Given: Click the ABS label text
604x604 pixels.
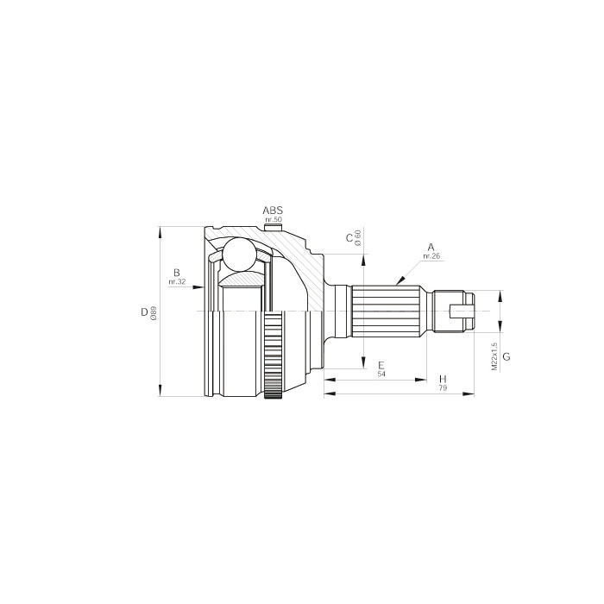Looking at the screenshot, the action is click(x=273, y=211).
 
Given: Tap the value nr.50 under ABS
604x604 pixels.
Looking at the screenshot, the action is click(x=274, y=219).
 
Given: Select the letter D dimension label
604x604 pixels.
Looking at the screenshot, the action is click(x=144, y=312).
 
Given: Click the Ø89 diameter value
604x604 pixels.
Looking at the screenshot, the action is click(x=154, y=312).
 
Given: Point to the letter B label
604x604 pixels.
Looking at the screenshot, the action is click(x=177, y=273).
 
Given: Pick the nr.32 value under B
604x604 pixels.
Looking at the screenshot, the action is click(x=177, y=282).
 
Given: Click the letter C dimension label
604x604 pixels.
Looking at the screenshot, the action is click(x=349, y=238).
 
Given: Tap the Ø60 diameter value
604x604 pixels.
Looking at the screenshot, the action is click(x=358, y=238).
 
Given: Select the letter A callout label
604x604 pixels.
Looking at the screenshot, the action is click(x=431, y=247).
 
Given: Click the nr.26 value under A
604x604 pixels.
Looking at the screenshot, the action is click(x=431, y=256).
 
